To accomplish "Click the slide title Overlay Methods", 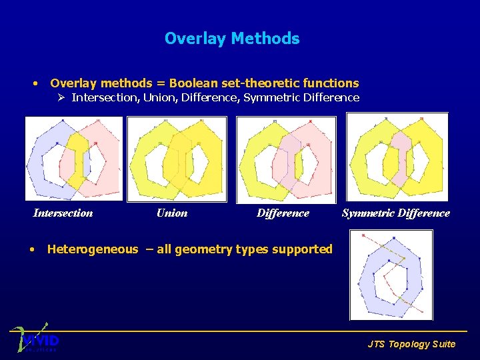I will [x=232, y=39].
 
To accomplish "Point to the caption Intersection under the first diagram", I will [x=63, y=213].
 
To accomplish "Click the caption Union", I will [x=172, y=213].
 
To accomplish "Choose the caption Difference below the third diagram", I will [x=283, y=213].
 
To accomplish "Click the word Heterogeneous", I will [x=93, y=249].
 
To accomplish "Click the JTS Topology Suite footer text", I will [x=411, y=344].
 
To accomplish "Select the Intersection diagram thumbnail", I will [x=73, y=158].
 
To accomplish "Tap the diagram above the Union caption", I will [x=177, y=158].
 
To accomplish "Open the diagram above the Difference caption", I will [x=286, y=158].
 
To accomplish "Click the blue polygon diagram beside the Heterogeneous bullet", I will [x=391, y=275].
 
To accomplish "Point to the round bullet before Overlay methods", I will [x=35, y=84].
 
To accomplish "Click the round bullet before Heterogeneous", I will [x=33, y=250].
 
